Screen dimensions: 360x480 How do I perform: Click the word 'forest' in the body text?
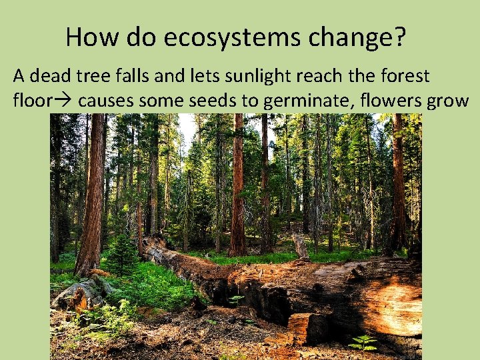405,76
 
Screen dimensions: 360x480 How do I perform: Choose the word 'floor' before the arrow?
31,101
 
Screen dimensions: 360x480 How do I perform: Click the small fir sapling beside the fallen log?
121,257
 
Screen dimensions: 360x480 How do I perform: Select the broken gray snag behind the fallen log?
301,247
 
